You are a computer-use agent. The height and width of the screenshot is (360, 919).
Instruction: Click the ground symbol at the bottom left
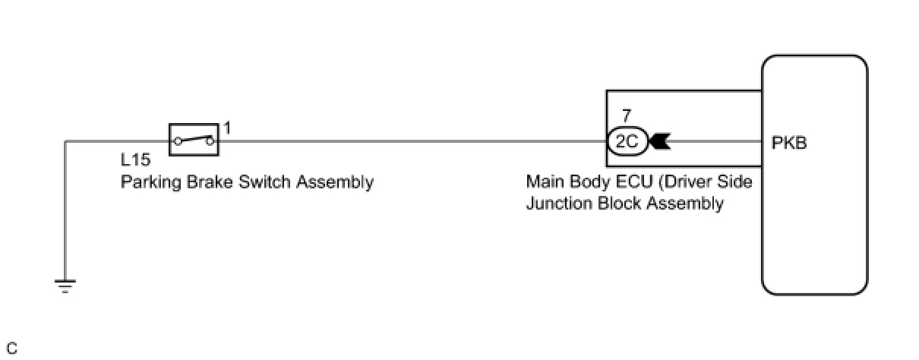(65, 286)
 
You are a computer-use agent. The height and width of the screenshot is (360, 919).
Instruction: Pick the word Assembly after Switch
(335, 182)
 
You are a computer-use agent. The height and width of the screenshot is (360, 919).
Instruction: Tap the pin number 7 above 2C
(626, 116)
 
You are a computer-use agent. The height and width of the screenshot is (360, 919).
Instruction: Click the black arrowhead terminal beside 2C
(658, 141)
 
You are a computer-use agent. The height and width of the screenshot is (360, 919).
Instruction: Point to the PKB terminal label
(789, 141)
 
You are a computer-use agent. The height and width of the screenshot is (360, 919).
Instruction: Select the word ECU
(625, 182)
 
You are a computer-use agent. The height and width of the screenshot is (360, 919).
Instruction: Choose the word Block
(611, 204)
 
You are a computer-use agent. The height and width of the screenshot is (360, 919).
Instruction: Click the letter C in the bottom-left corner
(11, 349)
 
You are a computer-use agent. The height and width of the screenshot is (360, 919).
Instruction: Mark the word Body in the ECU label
(583, 182)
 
